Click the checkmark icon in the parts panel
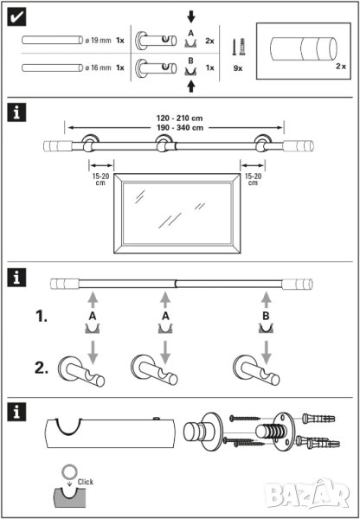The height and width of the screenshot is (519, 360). pyautogui.click(x=16, y=18)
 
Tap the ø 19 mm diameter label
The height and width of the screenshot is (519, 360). pyautogui.click(x=99, y=41)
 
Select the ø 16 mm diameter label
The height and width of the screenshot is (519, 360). pyautogui.click(x=99, y=67)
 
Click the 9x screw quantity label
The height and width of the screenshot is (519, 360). pyautogui.click(x=238, y=69)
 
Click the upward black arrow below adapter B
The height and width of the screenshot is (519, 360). pyautogui.click(x=190, y=87)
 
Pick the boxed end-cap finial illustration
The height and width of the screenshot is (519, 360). pyautogui.click(x=304, y=48)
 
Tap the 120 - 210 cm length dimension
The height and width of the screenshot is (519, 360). pyautogui.click(x=179, y=118)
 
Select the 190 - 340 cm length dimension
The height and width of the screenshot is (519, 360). pyautogui.click(x=179, y=127)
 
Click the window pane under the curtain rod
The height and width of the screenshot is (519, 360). pyautogui.click(x=177, y=213)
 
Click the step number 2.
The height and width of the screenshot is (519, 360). pyautogui.click(x=42, y=368)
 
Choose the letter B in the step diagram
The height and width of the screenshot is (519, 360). pyautogui.click(x=266, y=316)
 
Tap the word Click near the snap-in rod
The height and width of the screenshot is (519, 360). pyautogui.click(x=86, y=482)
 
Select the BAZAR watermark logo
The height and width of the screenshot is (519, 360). pyautogui.click(x=308, y=494)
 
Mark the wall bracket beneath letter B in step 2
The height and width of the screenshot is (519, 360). pyautogui.click(x=256, y=371)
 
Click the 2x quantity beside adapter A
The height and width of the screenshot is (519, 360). pyautogui.click(x=209, y=41)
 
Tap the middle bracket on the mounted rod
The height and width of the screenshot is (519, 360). pyautogui.click(x=163, y=144)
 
